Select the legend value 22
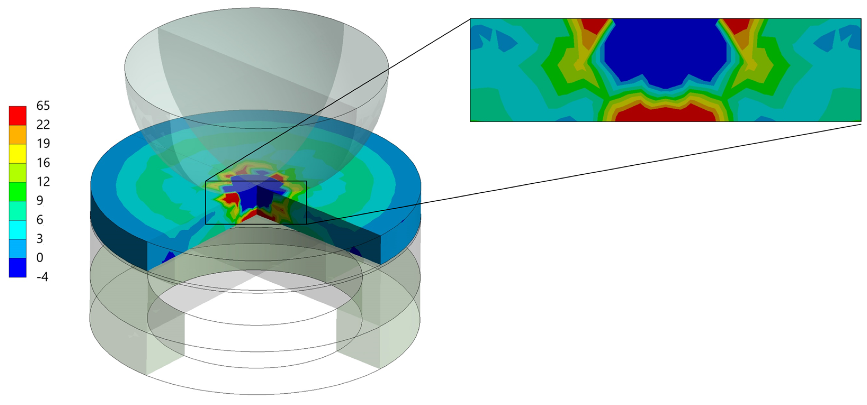click(43, 125)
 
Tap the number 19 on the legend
click(43, 143)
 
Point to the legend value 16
click(43, 163)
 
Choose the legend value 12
click(43, 182)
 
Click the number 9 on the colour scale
click(40, 201)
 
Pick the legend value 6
click(40, 220)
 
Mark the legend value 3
click(40, 239)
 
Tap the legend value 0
click(40, 258)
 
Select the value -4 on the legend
click(42, 277)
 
